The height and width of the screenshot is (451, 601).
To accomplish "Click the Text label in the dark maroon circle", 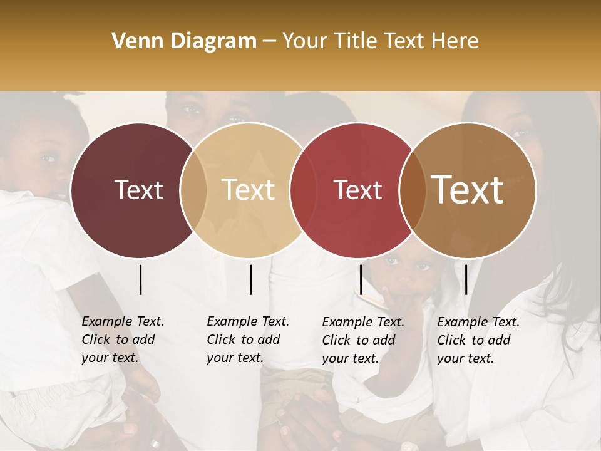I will point(138,190).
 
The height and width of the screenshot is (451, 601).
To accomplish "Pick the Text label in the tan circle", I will point(249,190).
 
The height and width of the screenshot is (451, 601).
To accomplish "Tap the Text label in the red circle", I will point(357,190).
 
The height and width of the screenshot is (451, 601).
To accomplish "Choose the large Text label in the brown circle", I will point(468,190).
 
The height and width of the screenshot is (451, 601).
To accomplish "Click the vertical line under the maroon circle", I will point(141,279).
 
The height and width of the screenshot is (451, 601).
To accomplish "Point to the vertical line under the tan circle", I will point(250,279).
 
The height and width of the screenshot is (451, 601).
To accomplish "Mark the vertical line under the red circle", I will point(361,279).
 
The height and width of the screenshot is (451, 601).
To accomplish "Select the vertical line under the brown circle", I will point(466,279).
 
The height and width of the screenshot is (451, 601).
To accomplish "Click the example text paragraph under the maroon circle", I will point(122,340).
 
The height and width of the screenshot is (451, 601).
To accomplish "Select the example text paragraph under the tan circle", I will point(247,340).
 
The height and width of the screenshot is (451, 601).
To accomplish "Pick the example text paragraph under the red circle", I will point(362,340).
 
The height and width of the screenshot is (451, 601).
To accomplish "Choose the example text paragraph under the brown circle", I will point(478,340).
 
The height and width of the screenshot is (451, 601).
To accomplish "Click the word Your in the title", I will point(306,41).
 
